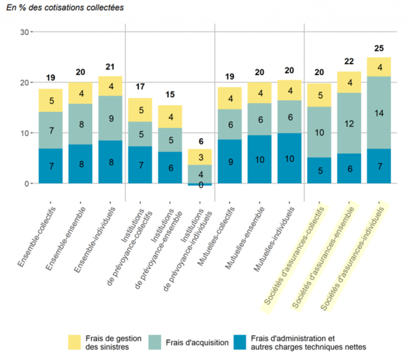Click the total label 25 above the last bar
[x=379, y=47]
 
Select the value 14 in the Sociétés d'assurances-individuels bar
[x=379, y=113]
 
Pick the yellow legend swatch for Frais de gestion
[x=75, y=341]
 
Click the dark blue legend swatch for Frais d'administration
[x=240, y=341]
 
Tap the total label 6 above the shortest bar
[x=200, y=142]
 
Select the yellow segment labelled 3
[x=200, y=157]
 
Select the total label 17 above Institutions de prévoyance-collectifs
[x=140, y=86]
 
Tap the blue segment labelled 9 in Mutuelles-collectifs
[x=230, y=161]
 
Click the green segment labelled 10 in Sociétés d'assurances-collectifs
[x=319, y=132]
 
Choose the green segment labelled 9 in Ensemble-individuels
[x=111, y=118]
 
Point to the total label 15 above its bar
[x=170, y=94]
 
